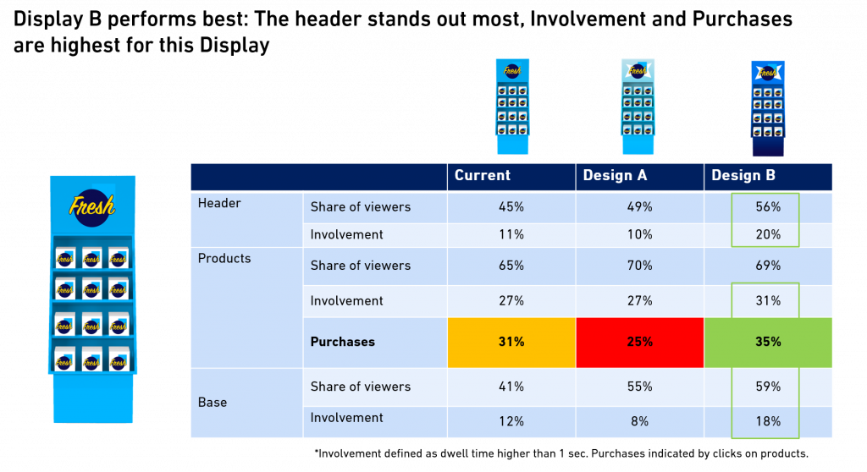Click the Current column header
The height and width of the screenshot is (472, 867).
click(x=483, y=176)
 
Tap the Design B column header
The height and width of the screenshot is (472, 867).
click(x=743, y=176)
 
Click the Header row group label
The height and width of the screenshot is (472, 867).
click(x=219, y=203)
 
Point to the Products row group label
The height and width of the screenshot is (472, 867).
click(x=224, y=258)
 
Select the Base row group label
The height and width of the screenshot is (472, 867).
click(x=213, y=402)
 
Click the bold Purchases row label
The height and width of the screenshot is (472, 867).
click(x=342, y=342)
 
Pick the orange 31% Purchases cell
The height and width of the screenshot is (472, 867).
click(x=511, y=342)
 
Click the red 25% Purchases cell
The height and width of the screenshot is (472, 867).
click(x=639, y=342)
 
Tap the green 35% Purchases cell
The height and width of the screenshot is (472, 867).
click(x=768, y=342)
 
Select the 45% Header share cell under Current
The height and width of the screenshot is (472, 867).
click(x=511, y=206)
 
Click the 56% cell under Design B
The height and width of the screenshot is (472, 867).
click(x=768, y=206)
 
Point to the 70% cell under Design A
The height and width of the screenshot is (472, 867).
click(x=639, y=266)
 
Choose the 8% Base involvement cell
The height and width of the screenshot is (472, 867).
click(x=639, y=421)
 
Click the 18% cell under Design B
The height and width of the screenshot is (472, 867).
click(x=768, y=421)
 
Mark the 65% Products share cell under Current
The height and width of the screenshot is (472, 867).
click(x=511, y=266)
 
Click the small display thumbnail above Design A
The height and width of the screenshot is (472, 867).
click(x=638, y=106)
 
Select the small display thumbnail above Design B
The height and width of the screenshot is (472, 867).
click(x=768, y=108)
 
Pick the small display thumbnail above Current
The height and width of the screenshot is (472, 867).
click(x=512, y=106)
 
